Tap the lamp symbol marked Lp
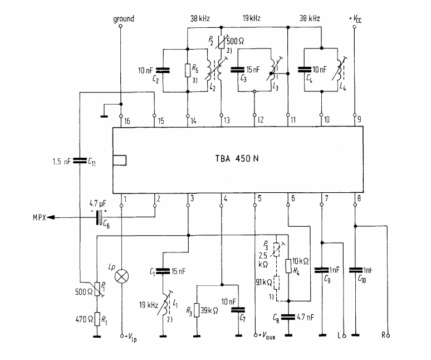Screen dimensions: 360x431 click(121, 276)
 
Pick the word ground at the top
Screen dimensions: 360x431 click(123, 19)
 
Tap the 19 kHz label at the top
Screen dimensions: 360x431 click(253, 19)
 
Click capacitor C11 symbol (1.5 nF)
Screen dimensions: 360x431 click(79, 162)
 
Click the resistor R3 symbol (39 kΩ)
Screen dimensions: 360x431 click(197, 310)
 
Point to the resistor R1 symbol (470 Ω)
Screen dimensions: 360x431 click(97, 318)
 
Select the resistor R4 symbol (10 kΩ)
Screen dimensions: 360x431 click(288, 265)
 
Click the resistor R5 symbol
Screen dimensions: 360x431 click(188, 70)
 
